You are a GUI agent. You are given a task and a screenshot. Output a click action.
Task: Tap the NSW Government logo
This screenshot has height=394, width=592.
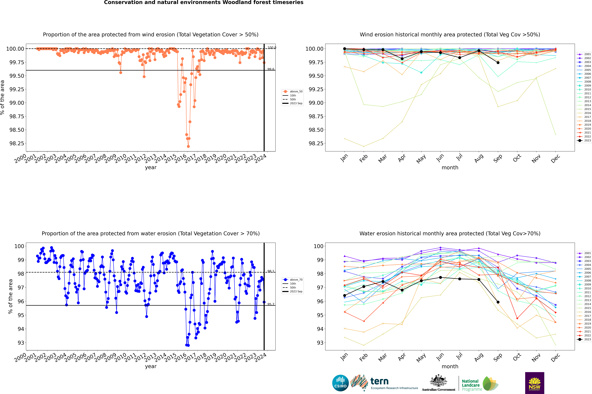535,383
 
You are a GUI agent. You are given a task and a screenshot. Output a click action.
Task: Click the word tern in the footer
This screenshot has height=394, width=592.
379,381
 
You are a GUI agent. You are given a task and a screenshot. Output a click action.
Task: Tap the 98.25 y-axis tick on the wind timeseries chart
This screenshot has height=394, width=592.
17,143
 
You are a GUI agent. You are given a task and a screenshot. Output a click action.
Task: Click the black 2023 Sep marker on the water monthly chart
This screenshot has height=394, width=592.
498,302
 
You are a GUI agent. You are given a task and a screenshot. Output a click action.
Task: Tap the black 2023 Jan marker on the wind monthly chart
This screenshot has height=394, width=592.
345,49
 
